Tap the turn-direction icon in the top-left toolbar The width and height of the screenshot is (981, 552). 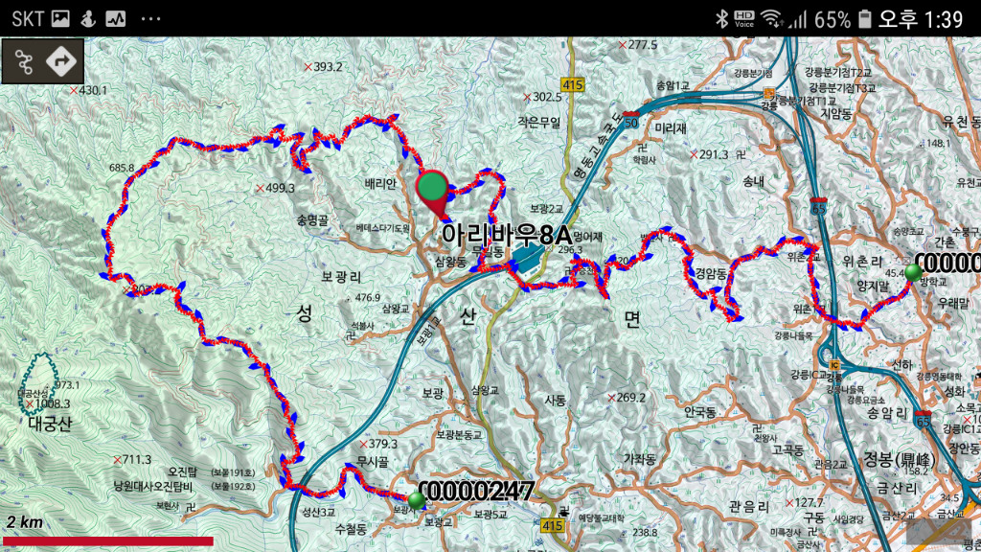point(62,61)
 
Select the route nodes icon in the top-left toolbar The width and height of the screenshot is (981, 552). point(23,61)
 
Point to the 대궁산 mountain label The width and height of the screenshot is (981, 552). point(49,423)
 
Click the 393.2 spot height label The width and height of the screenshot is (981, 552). point(328,67)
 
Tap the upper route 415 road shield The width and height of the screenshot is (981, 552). point(573,85)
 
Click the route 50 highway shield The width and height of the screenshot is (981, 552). point(630,122)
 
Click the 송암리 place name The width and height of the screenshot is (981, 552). point(886,413)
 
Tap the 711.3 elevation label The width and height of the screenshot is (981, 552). point(137,459)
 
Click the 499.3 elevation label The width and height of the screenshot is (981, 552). point(280,188)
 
